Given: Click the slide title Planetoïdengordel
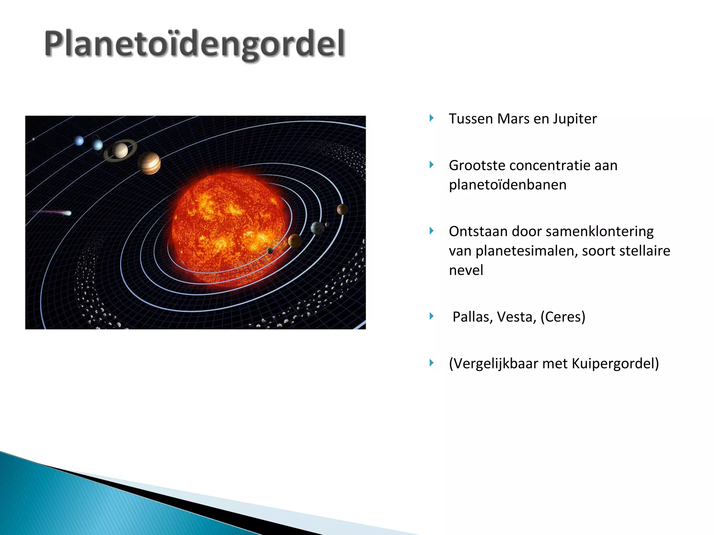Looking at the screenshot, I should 195,44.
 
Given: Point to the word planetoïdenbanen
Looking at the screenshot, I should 507,185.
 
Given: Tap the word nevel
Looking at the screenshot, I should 466,271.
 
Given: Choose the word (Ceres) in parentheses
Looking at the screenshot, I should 563,317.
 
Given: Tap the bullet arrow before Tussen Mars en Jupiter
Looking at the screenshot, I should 432,118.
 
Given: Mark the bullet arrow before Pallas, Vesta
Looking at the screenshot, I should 432,316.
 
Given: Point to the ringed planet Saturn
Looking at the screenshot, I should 120,150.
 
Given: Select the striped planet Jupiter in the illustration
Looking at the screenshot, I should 149,163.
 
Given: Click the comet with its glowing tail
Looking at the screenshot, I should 66,213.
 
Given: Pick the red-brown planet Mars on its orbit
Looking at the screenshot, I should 342,209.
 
